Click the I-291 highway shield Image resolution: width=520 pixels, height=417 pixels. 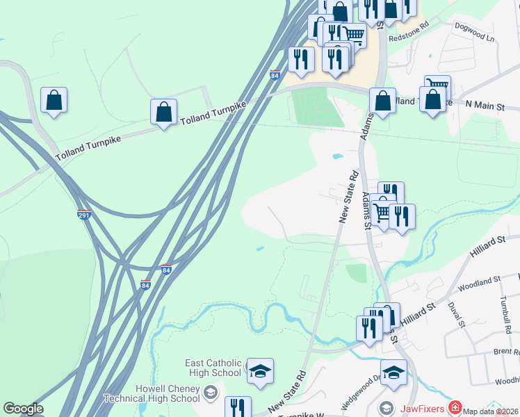(x=84, y=215)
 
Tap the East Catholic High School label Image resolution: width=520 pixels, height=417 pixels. (x=213, y=368)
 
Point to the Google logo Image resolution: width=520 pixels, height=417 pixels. (x=23, y=409)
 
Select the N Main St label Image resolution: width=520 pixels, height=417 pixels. (x=494, y=105)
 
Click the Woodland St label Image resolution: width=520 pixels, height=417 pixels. (x=480, y=281)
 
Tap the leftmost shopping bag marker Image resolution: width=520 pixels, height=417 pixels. (x=54, y=100)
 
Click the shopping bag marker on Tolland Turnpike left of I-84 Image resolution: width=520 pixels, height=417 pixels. (x=163, y=112)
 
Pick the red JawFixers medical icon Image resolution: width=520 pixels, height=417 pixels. (x=455, y=407)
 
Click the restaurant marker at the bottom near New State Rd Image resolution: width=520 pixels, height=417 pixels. (x=238, y=408)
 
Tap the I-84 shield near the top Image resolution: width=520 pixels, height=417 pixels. (x=275, y=75)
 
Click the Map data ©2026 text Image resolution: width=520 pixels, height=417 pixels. (x=491, y=411)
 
